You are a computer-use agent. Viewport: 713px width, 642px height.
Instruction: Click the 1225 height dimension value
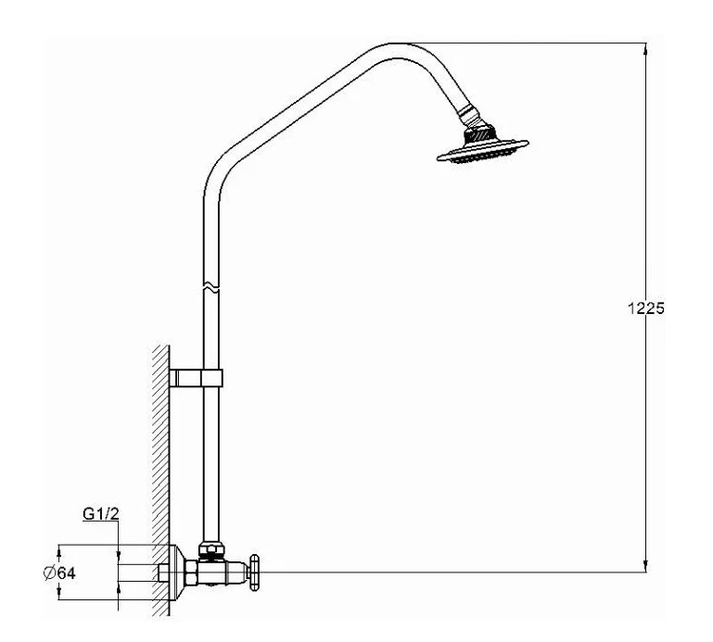[643, 308]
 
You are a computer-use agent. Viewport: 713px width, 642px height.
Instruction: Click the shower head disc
[483, 149]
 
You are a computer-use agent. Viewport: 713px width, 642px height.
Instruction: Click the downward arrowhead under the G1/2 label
[119, 558]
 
